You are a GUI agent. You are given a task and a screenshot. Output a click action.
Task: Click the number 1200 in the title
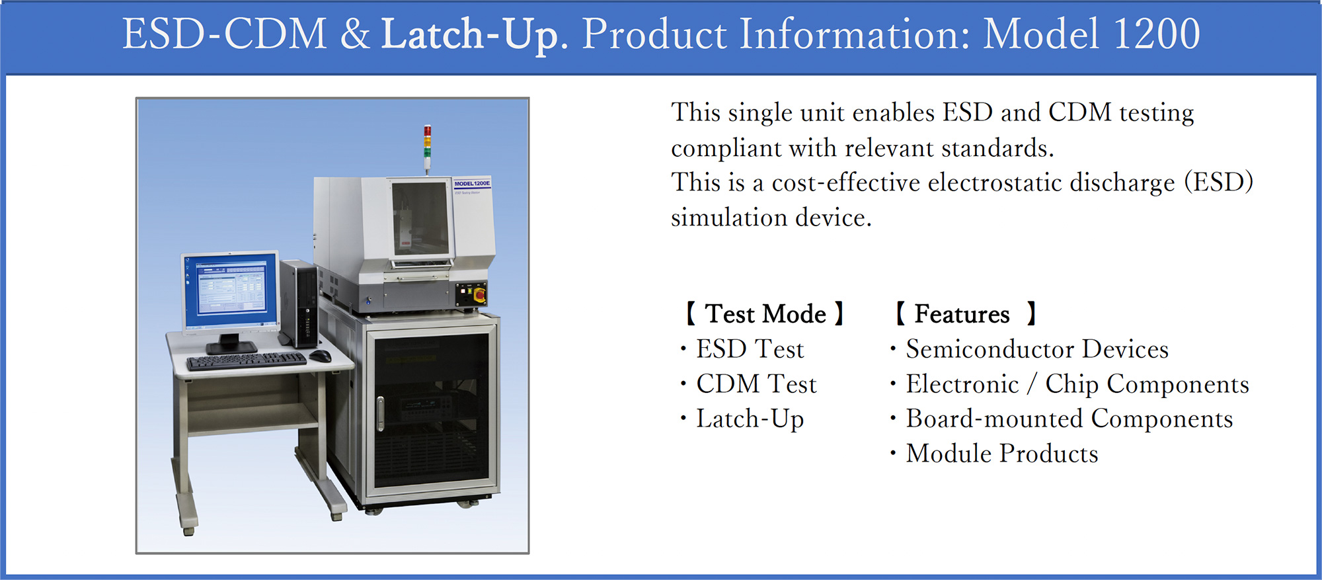click(x=1157, y=34)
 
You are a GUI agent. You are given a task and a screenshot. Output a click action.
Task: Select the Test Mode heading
click(x=765, y=313)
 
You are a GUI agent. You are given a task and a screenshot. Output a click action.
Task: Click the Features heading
click(x=965, y=313)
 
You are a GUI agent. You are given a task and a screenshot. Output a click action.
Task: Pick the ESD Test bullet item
click(x=750, y=349)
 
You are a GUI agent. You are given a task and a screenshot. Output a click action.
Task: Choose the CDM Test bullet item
click(x=756, y=384)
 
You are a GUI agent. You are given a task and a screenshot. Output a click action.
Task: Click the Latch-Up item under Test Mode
click(x=750, y=419)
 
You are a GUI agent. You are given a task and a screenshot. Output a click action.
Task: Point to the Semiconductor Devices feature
click(x=1036, y=349)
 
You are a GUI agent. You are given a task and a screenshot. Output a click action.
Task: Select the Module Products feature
click(x=1002, y=454)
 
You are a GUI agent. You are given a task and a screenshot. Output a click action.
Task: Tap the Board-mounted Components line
click(x=1069, y=419)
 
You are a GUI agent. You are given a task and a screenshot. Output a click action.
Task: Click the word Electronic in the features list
click(x=962, y=384)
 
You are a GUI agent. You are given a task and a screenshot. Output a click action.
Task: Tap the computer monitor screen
click(x=230, y=291)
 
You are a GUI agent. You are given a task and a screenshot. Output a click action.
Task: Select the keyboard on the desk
click(x=246, y=360)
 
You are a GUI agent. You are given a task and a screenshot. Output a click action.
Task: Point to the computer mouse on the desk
click(x=321, y=356)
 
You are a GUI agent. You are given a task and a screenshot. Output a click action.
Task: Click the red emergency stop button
click(x=479, y=292)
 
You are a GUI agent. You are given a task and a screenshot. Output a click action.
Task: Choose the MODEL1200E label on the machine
click(x=472, y=183)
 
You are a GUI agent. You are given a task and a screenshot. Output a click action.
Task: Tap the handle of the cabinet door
click(x=380, y=413)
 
